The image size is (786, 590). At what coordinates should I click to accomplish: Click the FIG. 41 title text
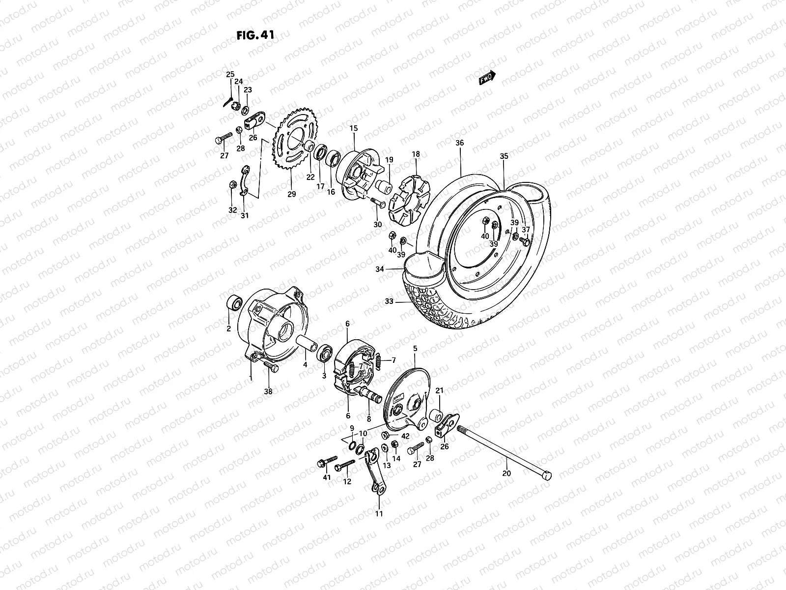click(255, 35)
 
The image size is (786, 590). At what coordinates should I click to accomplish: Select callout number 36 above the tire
click(459, 143)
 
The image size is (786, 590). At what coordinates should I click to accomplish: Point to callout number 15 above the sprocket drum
click(353, 128)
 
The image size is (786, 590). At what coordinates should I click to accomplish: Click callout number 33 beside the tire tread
click(390, 302)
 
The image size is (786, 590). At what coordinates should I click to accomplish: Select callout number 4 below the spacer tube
click(305, 365)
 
